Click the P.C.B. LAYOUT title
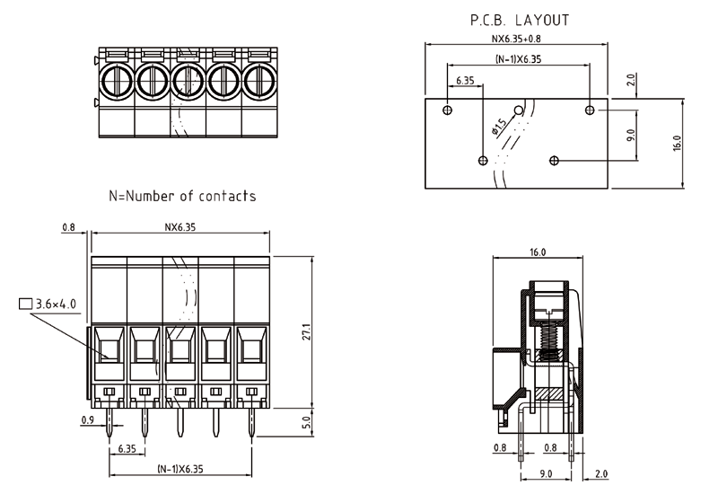[520, 19]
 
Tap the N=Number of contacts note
[182, 195]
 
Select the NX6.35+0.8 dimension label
[516, 39]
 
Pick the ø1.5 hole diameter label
[499, 127]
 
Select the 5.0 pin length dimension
[306, 420]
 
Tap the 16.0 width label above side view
[538, 253]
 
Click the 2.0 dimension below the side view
[600, 473]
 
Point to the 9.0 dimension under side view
[546, 473]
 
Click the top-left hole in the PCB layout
[449, 110]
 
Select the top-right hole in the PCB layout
[590, 110]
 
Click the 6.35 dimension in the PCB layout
[465, 80]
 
